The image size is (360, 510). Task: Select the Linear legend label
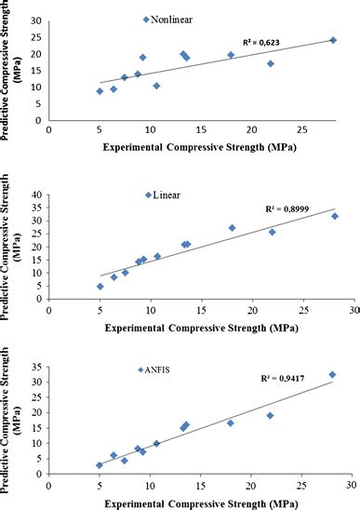[168, 195]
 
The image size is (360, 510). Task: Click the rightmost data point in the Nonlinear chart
[333, 40]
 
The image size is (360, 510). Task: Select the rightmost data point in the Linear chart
[335, 216]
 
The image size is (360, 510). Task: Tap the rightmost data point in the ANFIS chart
[332, 374]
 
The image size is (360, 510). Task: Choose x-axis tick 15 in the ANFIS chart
[200, 484]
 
